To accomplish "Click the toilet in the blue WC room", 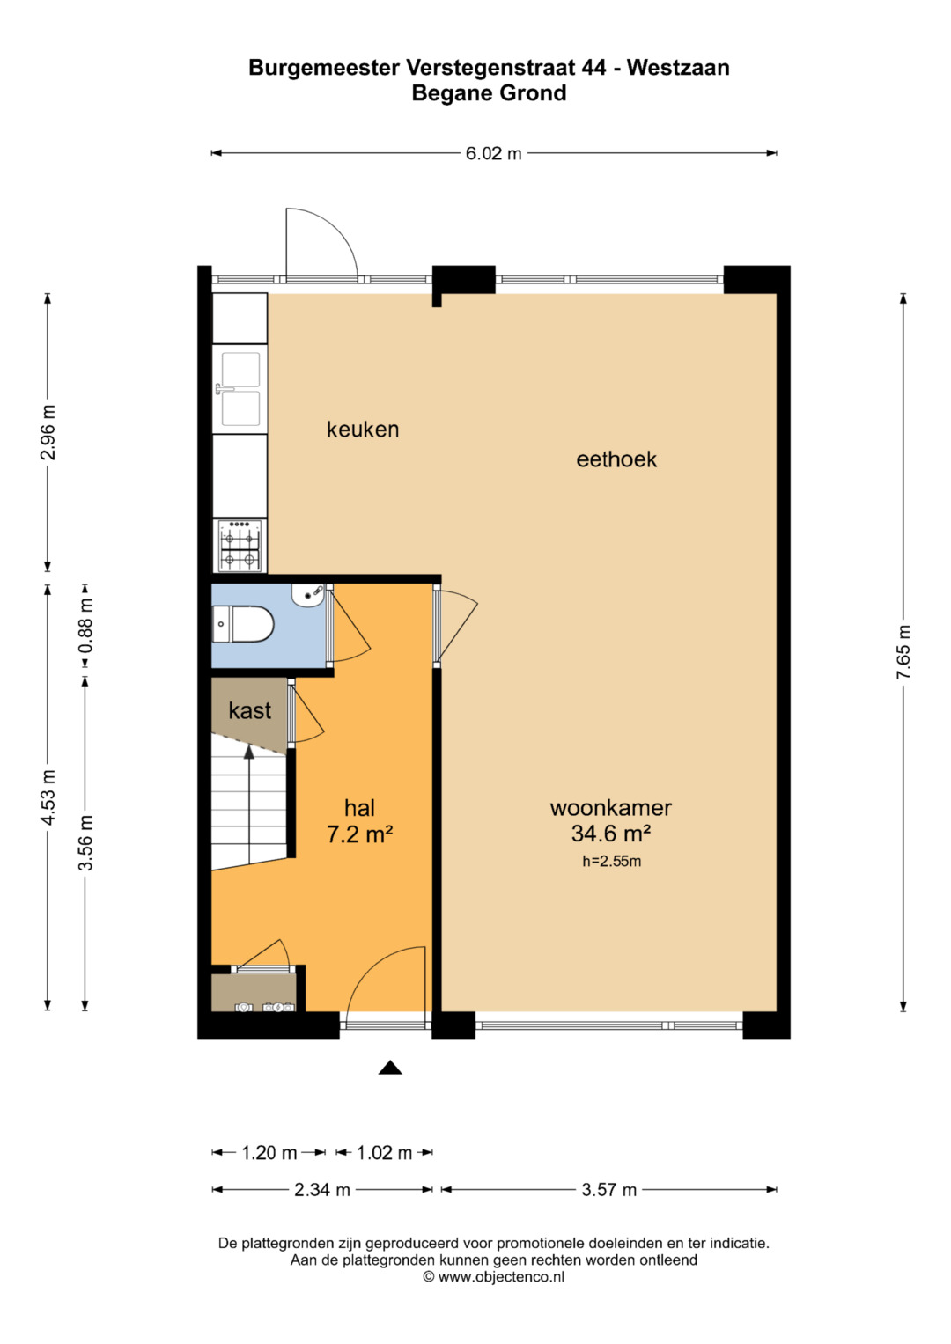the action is click(x=242, y=624).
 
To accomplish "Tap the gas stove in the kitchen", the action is click(x=240, y=546).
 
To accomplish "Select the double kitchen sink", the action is click(x=240, y=389).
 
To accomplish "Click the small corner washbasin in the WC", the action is click(x=308, y=595).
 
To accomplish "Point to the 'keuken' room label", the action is click(x=363, y=429).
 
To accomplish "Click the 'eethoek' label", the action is click(x=616, y=459).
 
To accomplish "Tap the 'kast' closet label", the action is click(x=250, y=710).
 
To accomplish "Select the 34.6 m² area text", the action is click(x=611, y=834).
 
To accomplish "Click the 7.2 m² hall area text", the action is click(x=359, y=834).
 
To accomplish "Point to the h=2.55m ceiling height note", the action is click(x=611, y=862).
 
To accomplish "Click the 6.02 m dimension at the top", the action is click(x=493, y=153).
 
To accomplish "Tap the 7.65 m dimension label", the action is click(x=903, y=652).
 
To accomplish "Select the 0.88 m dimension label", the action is click(x=85, y=626).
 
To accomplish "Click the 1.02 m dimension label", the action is click(x=384, y=1153).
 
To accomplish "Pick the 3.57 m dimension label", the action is click(x=608, y=1190).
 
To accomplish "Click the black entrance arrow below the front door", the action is click(x=390, y=1068).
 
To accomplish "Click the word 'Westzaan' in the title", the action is click(x=678, y=67).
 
